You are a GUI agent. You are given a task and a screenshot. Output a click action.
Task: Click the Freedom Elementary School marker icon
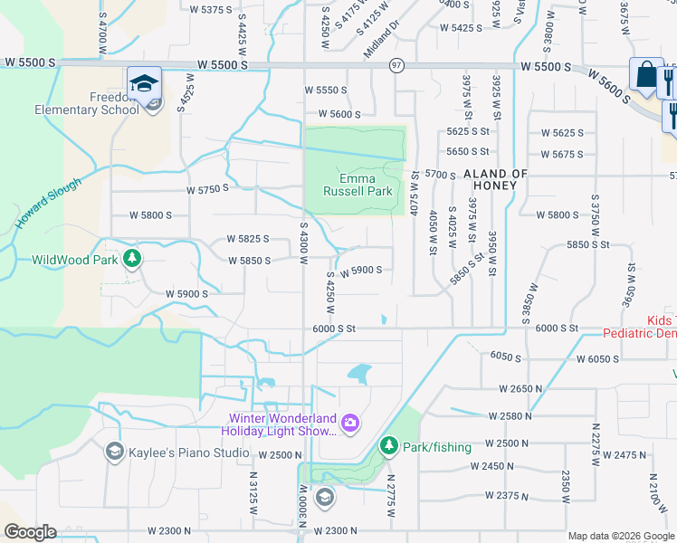[x=144, y=83]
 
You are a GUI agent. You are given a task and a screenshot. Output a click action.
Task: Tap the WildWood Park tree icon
[x=132, y=259]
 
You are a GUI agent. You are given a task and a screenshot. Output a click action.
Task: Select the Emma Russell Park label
[x=358, y=185]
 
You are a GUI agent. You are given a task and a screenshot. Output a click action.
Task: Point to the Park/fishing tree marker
[x=388, y=445]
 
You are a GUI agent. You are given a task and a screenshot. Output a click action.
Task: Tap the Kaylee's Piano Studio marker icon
[x=114, y=451]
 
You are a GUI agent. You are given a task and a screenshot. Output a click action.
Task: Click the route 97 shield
[x=396, y=65]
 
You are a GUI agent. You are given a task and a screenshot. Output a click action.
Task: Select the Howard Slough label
[x=47, y=203]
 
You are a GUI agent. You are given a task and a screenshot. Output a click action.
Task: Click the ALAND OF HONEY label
[x=494, y=179]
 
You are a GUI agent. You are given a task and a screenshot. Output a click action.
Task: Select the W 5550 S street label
[x=326, y=90]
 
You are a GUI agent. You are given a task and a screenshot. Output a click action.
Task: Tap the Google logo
[x=31, y=532]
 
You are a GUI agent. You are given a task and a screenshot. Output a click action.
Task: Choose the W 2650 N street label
[x=519, y=388]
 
